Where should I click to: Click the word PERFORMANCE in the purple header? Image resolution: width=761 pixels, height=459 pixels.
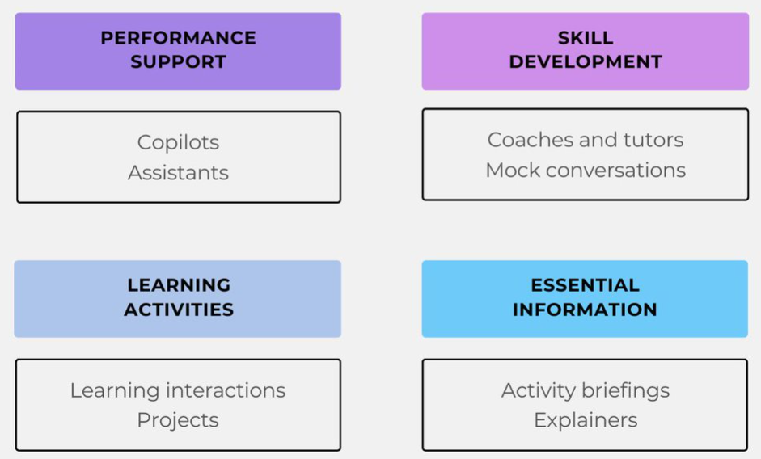[x=178, y=38]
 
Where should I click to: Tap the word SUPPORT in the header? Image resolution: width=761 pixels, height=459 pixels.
[x=178, y=61]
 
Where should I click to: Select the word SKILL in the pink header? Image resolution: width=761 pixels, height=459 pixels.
[x=586, y=38]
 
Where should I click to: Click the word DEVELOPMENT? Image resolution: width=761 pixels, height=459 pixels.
[x=586, y=61]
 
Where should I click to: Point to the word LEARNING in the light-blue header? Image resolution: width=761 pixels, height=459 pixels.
[x=179, y=285]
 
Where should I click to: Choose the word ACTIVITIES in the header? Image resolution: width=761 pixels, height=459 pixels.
[x=179, y=310]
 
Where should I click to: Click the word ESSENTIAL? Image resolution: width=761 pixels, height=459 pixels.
[x=585, y=285]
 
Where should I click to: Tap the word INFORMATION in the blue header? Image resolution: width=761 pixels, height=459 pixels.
[x=585, y=310]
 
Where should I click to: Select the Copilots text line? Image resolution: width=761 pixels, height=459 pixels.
[x=178, y=143]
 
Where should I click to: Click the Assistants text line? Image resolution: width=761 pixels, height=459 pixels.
[x=178, y=173]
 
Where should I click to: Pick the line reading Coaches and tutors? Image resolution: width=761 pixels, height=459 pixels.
[x=586, y=140]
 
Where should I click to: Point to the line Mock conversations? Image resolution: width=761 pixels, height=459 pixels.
[x=586, y=171]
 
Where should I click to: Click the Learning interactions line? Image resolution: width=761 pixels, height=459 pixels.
[x=178, y=390]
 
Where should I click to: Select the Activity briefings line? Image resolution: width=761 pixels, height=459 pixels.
[x=586, y=390]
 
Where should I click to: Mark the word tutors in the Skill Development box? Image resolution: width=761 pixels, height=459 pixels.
[x=653, y=140]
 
